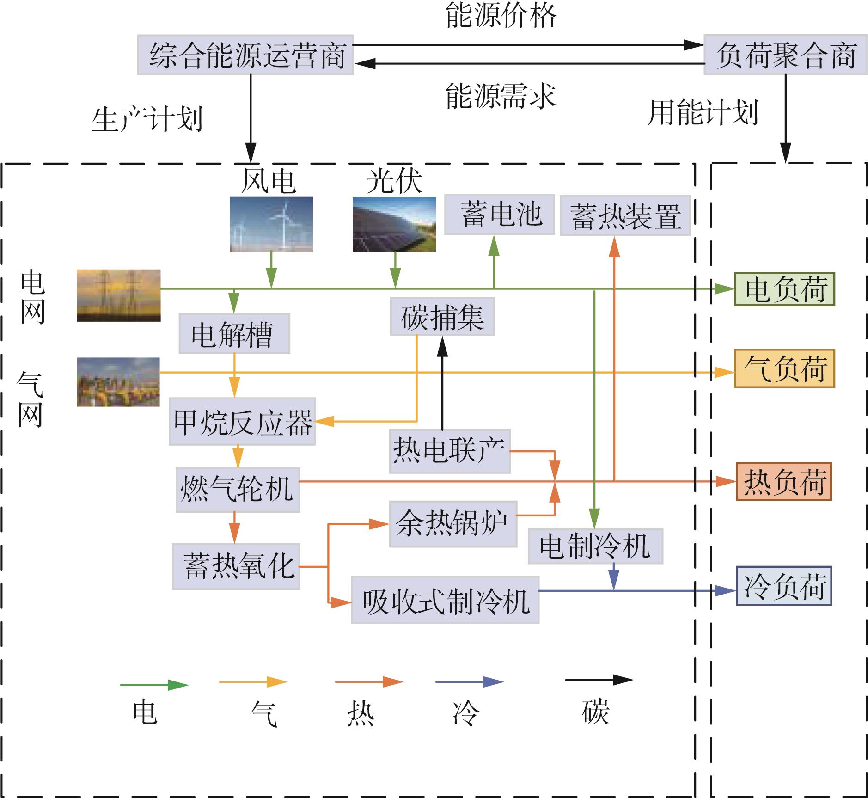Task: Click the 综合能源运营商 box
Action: [245, 55]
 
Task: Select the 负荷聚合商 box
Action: [785, 55]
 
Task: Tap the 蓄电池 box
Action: [499, 215]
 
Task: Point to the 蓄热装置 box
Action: [625, 215]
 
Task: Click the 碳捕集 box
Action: [442, 316]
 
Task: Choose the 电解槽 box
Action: [234, 333]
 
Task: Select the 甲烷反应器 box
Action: [242, 421]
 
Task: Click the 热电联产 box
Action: [450, 451]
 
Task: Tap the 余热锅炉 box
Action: [453, 524]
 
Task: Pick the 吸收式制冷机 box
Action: [445, 600]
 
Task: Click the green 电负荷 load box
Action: [785, 289]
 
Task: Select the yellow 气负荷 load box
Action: [785, 368]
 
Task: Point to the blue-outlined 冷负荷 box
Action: [784, 586]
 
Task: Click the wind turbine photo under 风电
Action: [271, 225]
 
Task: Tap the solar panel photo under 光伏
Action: [394, 225]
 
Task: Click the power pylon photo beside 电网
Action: [119, 295]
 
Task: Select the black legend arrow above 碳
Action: [599, 680]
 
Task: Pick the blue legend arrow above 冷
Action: [470, 681]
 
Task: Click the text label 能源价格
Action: [501, 15]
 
